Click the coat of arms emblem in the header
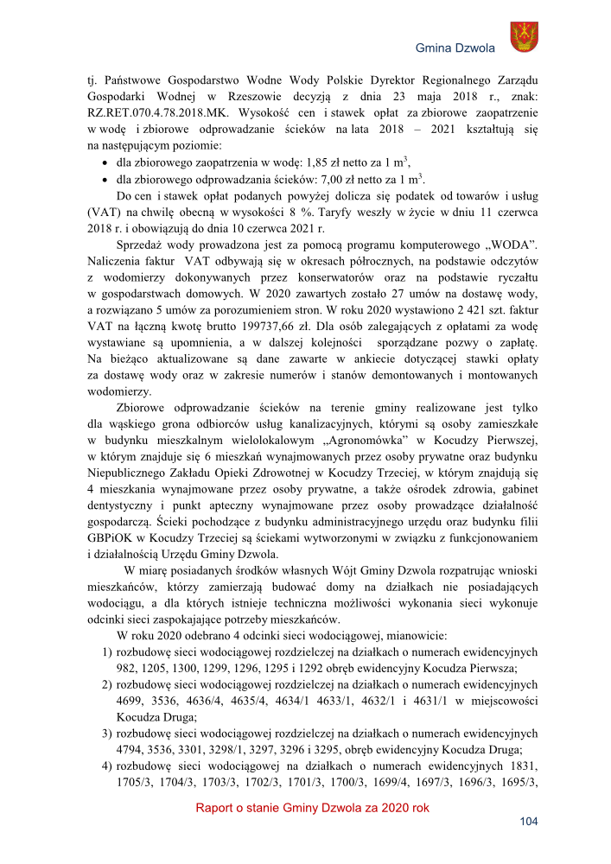click(524, 37)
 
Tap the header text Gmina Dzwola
click(455, 48)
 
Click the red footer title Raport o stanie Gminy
click(312, 808)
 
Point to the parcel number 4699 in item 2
click(130, 702)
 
